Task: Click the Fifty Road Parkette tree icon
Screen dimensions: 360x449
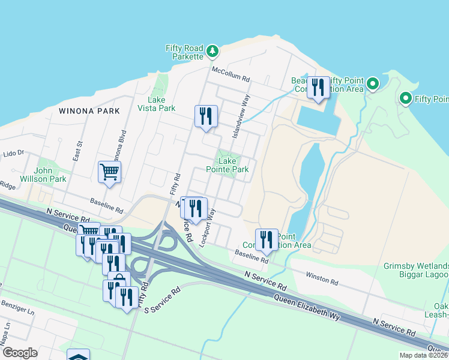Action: pos(212,52)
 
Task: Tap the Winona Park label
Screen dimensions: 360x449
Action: pos(89,111)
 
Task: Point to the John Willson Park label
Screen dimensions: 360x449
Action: pos(50,175)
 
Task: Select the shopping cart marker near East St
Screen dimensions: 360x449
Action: pos(109,172)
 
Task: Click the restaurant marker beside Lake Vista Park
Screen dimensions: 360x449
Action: pos(206,116)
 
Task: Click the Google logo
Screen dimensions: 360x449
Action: pos(20,353)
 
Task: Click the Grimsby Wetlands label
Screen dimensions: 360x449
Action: pos(416,266)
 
